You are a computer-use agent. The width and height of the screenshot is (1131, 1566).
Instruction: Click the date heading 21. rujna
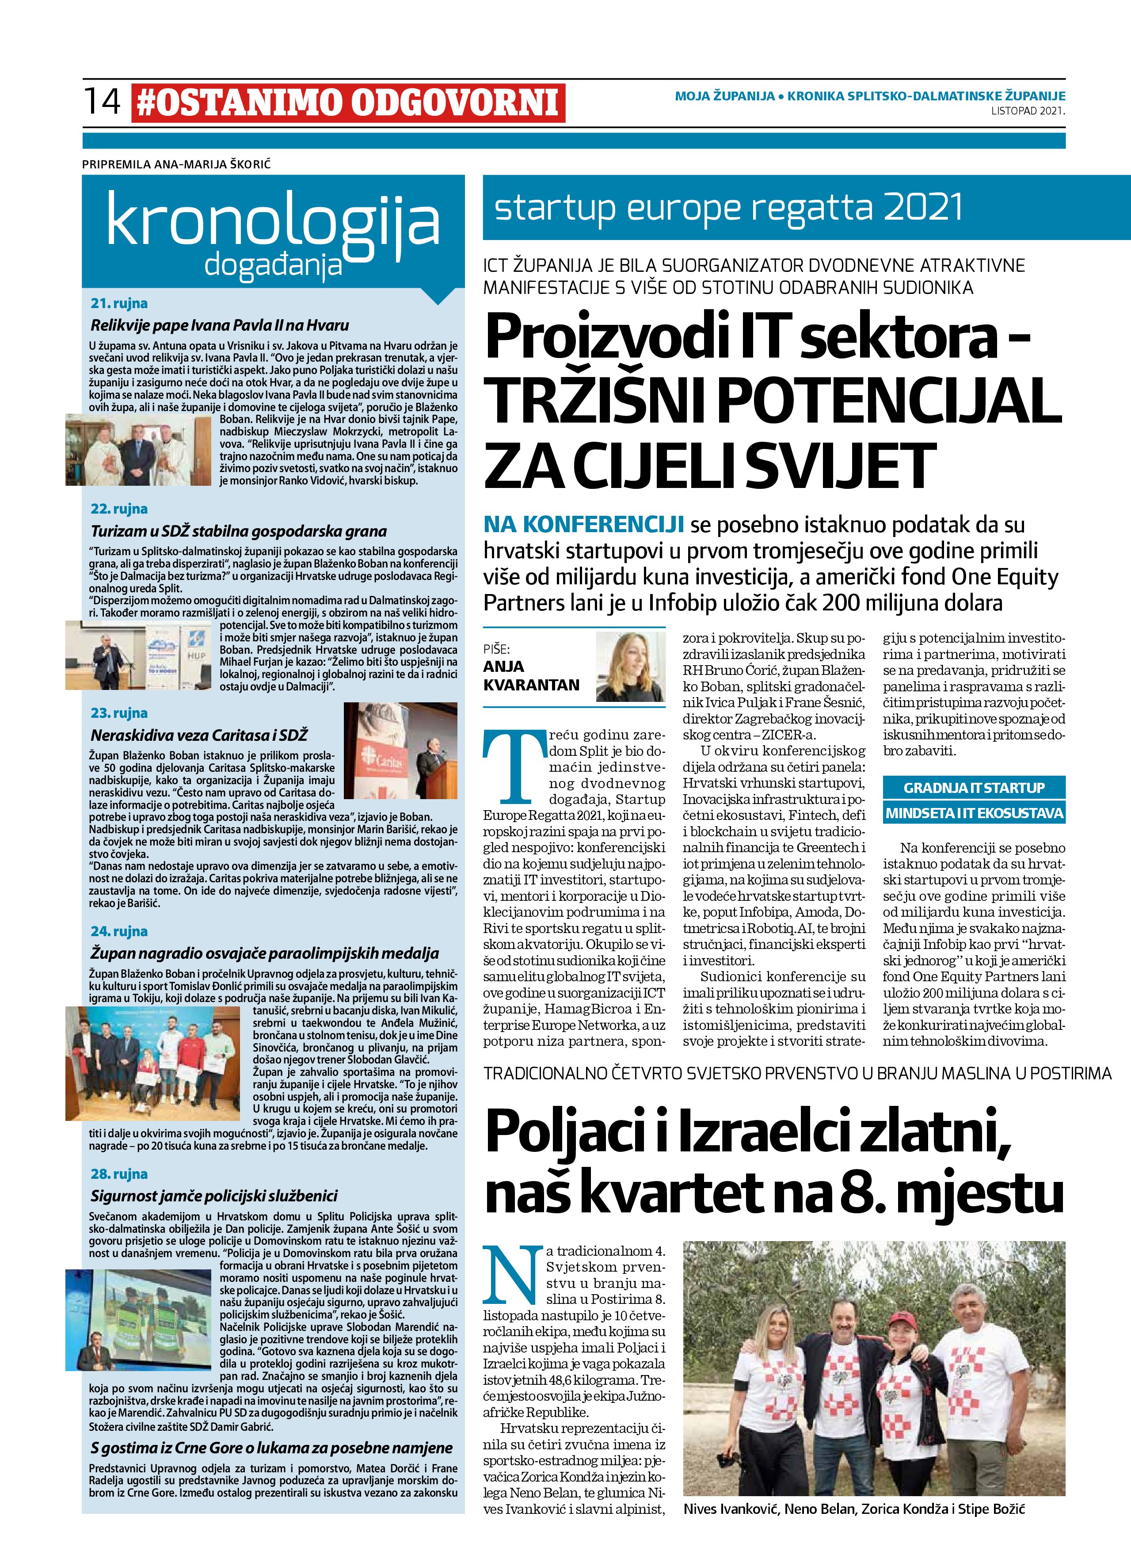tap(119, 303)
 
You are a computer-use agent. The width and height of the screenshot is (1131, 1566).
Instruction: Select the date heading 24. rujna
tap(119, 931)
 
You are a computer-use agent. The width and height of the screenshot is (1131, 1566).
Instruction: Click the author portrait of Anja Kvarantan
tap(630, 666)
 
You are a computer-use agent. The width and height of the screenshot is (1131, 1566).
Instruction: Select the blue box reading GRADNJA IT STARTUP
tap(974, 787)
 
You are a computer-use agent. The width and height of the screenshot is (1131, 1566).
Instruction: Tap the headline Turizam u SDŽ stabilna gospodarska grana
tap(238, 531)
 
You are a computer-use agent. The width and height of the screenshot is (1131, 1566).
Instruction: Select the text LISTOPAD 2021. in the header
tap(1028, 110)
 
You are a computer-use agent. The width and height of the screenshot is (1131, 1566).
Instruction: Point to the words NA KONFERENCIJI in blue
tap(583, 524)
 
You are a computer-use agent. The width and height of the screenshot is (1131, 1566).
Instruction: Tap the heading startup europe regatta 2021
tap(728, 207)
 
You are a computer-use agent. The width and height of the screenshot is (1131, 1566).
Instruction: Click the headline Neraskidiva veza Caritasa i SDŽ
tap(199, 735)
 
